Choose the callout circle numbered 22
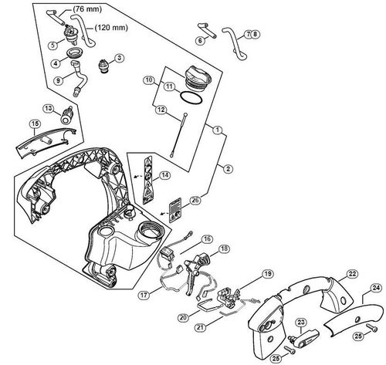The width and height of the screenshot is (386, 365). click(351, 274)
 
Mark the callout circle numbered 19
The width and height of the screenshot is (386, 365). click(266, 274)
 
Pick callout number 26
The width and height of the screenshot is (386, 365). click(195, 200)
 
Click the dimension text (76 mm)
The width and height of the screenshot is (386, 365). click(86, 9)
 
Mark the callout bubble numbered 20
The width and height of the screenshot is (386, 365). click(184, 317)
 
